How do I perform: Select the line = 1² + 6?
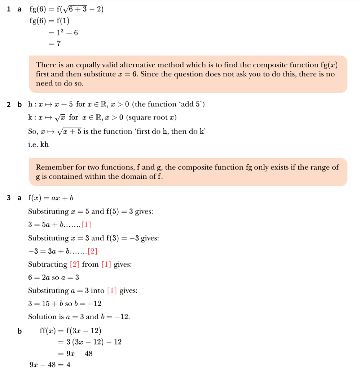(x=63, y=33)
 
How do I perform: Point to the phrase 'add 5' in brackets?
(x=194, y=105)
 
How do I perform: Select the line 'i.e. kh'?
(x=38, y=145)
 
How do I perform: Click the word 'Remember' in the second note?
(x=53, y=168)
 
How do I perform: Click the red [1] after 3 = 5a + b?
(x=86, y=225)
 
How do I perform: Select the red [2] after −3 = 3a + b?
(x=92, y=251)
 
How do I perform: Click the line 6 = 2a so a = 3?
(x=53, y=277)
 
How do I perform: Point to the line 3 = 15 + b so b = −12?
(x=65, y=304)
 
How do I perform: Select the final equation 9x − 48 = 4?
(x=50, y=365)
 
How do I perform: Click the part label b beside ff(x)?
(x=19, y=331)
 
